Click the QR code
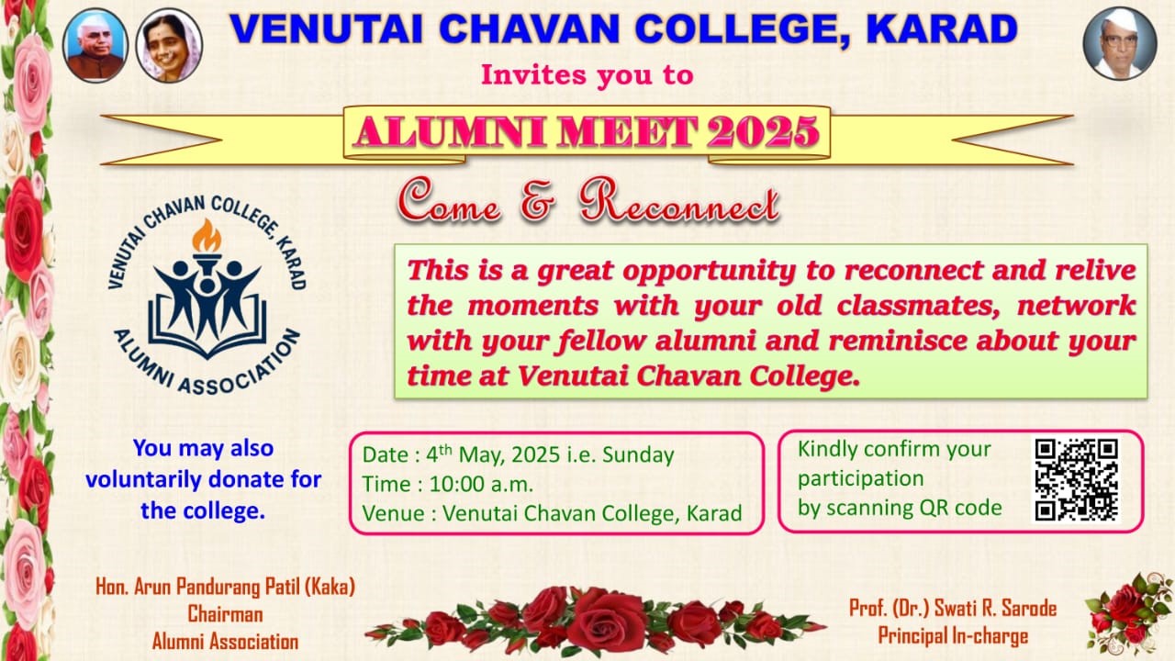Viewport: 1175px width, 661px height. [x=1076, y=480]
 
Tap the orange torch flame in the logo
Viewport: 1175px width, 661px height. [x=207, y=236]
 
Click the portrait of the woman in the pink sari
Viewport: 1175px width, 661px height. [x=169, y=46]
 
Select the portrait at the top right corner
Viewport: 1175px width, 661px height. [x=1120, y=43]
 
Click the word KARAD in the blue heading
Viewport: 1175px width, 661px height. [x=942, y=29]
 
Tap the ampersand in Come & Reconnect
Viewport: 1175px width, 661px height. [x=538, y=201]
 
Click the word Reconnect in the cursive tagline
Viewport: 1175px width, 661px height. [x=680, y=200]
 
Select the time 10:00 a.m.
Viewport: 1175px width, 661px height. [x=481, y=484]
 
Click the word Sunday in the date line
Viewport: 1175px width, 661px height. [x=638, y=454]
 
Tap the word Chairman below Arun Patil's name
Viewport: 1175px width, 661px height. [x=225, y=614]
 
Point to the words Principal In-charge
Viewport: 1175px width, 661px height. [x=953, y=636]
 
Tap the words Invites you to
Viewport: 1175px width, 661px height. [x=587, y=74]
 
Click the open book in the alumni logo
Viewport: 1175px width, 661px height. [x=207, y=330]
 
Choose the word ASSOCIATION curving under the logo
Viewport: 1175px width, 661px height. [x=238, y=370]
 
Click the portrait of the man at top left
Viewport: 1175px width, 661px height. [x=95, y=46]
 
